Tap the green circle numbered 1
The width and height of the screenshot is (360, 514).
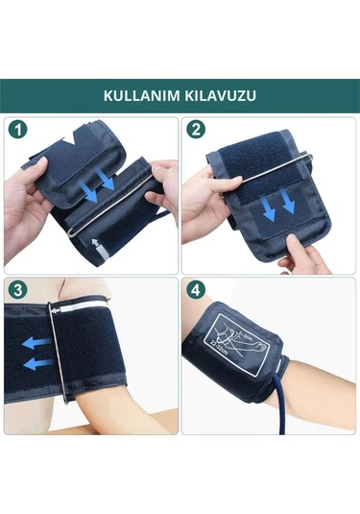click(16, 128)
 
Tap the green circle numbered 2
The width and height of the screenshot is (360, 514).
click(196, 128)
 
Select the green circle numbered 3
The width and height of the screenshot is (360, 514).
click(16, 288)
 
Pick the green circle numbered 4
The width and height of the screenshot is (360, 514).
click(196, 288)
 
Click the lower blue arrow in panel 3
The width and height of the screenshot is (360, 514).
click(36, 363)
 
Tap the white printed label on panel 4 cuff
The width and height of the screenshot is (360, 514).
click(235, 347)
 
